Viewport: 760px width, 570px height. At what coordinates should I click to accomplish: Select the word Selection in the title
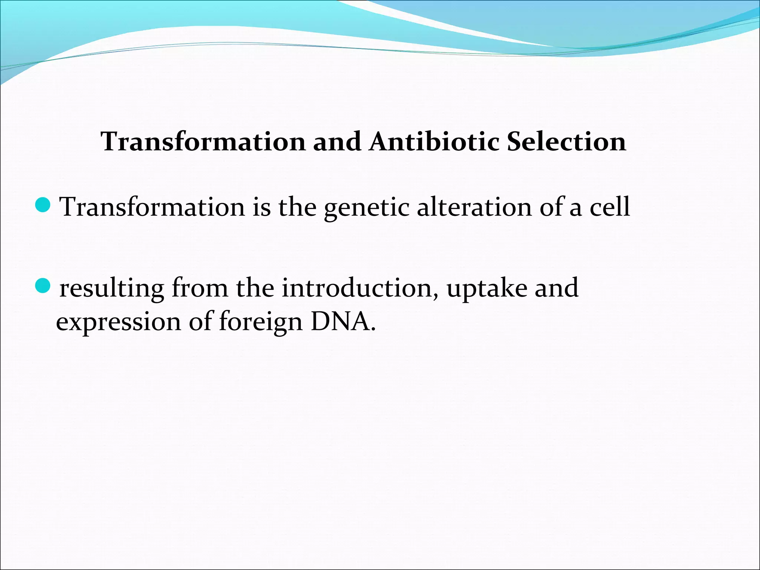pos(566,142)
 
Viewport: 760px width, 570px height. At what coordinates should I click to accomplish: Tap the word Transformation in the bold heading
pos(203,142)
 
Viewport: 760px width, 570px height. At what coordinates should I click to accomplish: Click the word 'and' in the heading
pos(337,142)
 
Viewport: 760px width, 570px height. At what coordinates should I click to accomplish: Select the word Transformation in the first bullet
pos(152,207)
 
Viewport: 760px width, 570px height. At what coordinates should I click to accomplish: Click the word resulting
pos(112,289)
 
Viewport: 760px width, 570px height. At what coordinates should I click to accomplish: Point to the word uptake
pos(487,289)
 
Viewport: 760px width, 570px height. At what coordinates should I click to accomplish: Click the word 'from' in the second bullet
pos(200,288)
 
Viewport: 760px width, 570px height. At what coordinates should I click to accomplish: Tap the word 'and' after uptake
pos(556,288)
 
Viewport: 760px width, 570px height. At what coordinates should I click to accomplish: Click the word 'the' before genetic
pos(297,207)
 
